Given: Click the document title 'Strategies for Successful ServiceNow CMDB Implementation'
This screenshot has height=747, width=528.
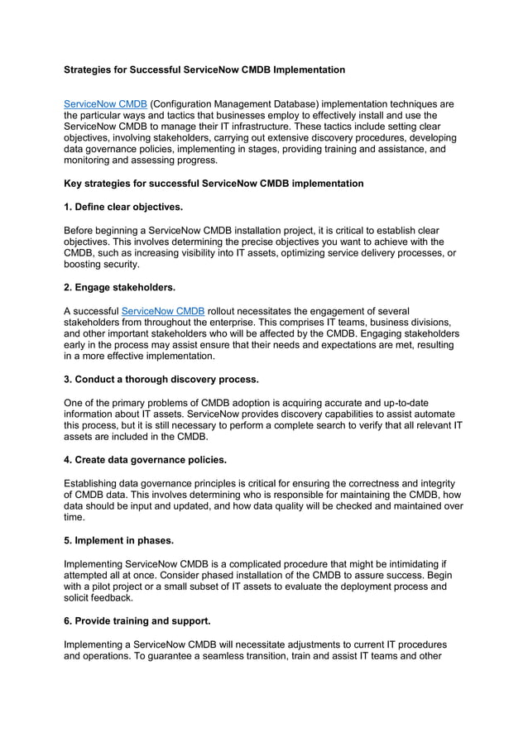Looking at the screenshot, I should pyautogui.click(x=204, y=70).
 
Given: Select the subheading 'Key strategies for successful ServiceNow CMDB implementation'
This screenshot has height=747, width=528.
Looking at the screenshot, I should pyautogui.click(x=214, y=183).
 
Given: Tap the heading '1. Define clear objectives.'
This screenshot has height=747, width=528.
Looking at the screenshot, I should pyautogui.click(x=123, y=205).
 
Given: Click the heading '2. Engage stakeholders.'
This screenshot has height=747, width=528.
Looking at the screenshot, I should pyautogui.click(x=120, y=287).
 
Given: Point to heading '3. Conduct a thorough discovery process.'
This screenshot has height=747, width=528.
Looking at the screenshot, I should pyautogui.click(x=161, y=380).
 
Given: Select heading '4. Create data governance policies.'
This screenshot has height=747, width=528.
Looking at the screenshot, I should pyautogui.click(x=145, y=460).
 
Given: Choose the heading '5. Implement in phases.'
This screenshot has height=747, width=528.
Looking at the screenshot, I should pyautogui.click(x=119, y=540).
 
